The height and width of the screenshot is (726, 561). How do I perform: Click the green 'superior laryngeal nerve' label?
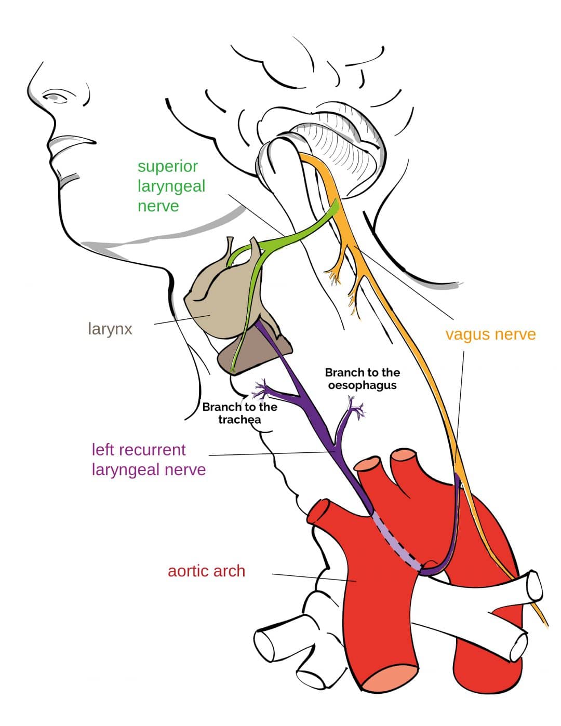pos(171,186)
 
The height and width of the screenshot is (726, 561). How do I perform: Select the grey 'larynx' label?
pos(110,329)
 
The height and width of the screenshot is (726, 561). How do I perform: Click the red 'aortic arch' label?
pos(207,571)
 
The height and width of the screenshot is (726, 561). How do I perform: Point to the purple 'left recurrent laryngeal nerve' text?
pos(149,460)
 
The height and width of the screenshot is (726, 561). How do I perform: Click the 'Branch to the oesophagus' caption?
pos(363,379)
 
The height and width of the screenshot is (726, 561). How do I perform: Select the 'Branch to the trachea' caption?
pos(239,413)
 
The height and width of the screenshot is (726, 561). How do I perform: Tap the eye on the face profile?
pos(55,97)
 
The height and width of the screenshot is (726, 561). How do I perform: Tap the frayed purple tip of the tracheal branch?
pos(261,389)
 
